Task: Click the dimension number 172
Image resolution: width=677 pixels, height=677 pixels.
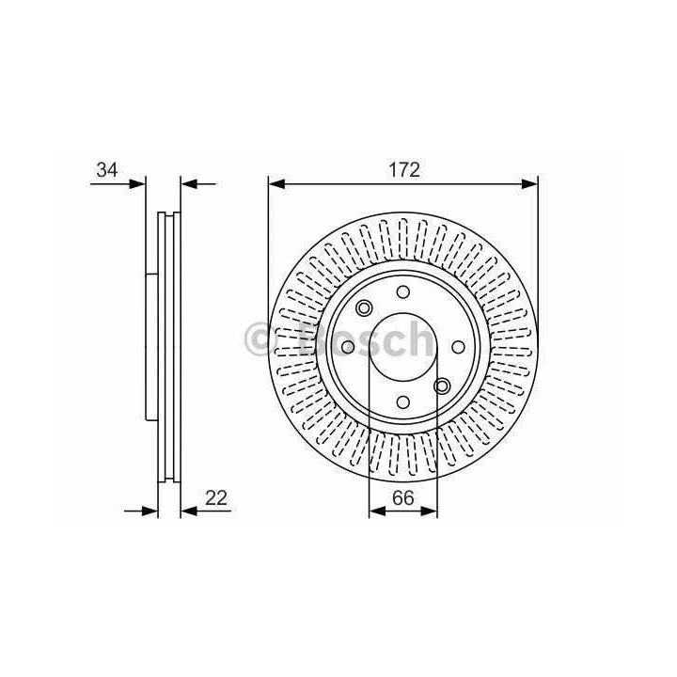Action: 404,169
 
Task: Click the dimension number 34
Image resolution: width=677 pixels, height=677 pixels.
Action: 107,169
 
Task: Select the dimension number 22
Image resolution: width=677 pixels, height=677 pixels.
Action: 216,497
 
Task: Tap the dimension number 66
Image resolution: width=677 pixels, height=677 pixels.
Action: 403,497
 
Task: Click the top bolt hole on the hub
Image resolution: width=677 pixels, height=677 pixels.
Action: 403,292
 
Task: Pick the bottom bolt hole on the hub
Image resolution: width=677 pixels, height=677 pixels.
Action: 403,402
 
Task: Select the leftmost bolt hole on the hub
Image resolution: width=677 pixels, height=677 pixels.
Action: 348,347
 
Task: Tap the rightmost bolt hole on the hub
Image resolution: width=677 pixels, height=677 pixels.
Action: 458,347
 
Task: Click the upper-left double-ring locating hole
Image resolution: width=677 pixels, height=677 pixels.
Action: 364,308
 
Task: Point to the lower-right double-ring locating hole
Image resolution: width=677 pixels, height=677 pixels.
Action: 442,386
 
